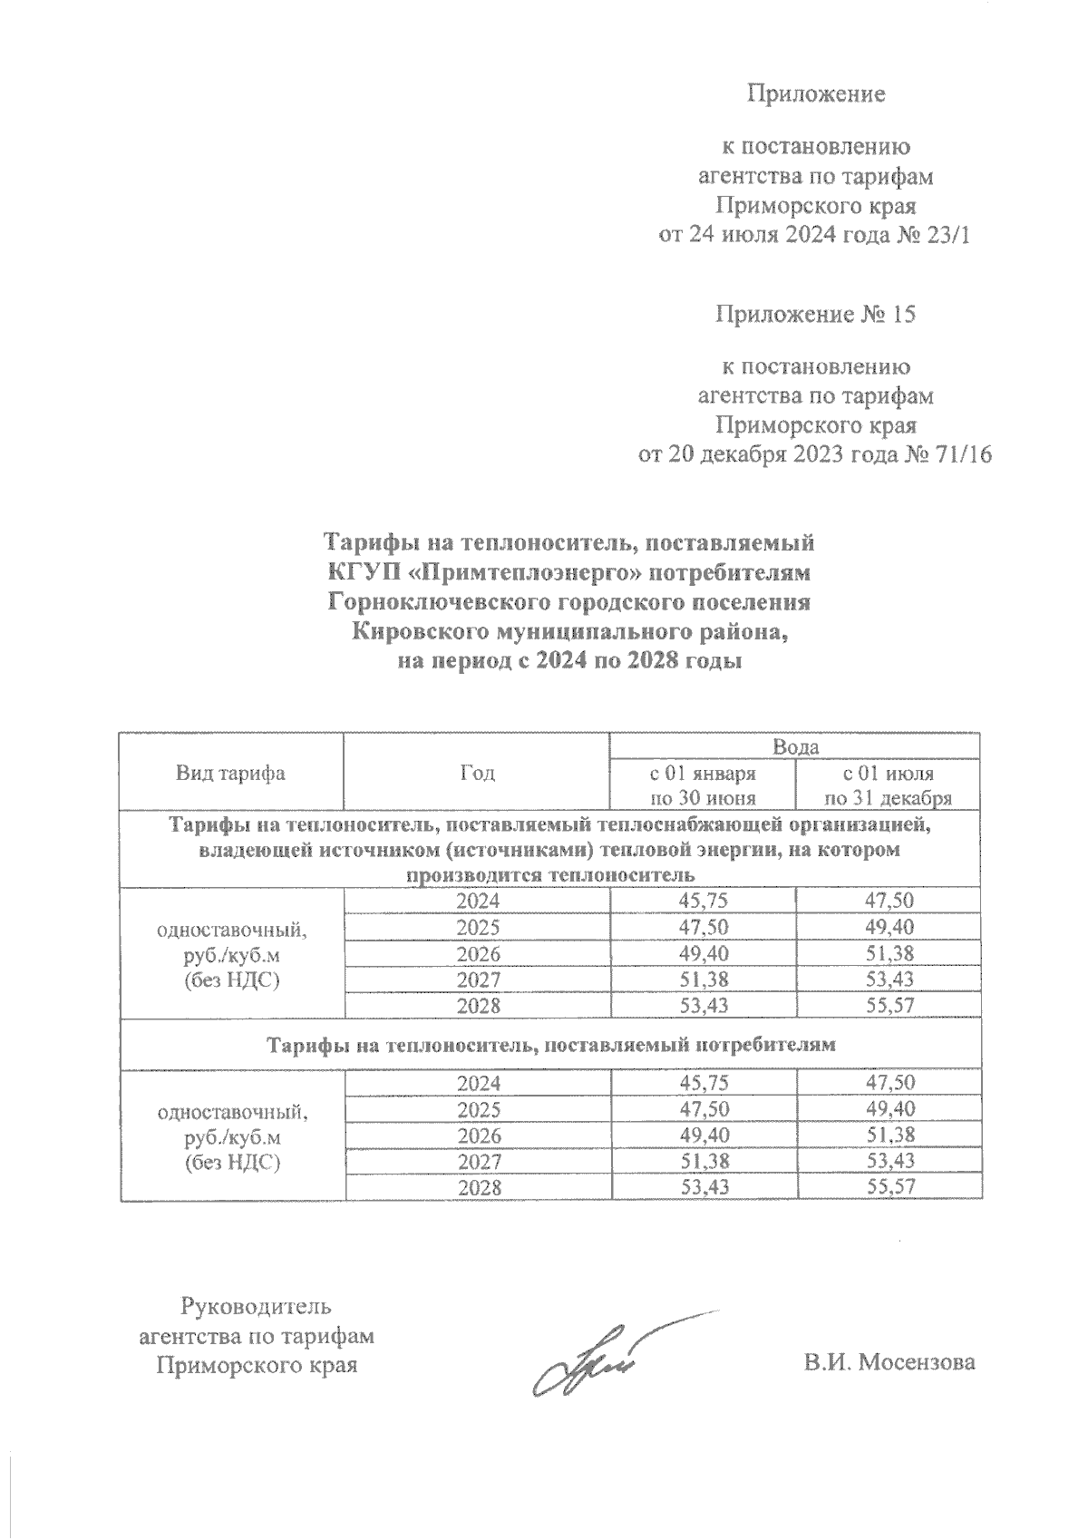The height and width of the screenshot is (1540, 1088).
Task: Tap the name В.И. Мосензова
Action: tap(889, 1362)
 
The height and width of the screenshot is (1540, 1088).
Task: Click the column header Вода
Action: tap(795, 747)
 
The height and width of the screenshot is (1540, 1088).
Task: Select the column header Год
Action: tap(477, 773)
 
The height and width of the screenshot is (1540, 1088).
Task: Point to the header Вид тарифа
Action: tap(230, 773)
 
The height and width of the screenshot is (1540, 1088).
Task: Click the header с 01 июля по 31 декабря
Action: tap(888, 785)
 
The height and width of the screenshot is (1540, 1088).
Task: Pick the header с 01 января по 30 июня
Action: tap(703, 785)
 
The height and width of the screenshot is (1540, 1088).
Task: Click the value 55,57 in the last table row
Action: tap(888, 1186)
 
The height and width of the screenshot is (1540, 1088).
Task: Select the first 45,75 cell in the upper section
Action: tap(703, 901)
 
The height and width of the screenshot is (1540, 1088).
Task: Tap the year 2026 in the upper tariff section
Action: tap(477, 953)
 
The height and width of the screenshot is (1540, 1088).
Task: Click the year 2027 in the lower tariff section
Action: tap(477, 1161)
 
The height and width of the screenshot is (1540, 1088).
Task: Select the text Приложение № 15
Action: tap(815, 315)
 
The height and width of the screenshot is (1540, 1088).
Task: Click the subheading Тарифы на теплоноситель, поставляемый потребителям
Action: tap(549, 1045)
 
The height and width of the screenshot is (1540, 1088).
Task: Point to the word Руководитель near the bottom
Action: tap(257, 1307)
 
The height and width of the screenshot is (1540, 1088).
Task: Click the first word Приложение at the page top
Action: tap(815, 93)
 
